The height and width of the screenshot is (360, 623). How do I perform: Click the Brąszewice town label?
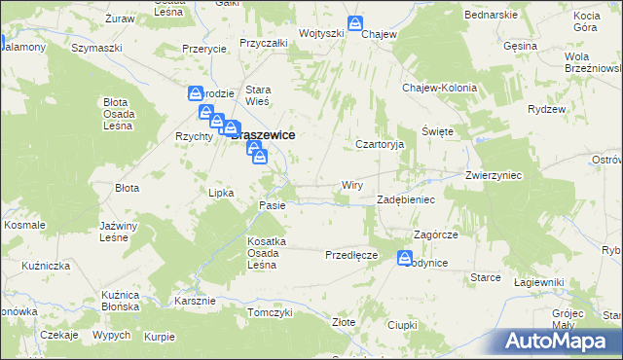(265, 137)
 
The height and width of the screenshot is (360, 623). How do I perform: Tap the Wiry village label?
(352, 184)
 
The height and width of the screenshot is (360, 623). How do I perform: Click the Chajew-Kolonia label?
(440, 88)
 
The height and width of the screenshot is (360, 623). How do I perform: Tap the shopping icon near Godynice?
(404, 258)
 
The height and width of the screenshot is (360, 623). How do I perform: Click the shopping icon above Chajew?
(355, 22)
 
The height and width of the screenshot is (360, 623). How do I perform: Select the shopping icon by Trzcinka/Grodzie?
(196, 93)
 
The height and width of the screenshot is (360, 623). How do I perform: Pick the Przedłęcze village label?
(350, 254)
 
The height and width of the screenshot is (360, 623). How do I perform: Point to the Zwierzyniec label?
(495, 176)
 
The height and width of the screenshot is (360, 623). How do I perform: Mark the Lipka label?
(223, 193)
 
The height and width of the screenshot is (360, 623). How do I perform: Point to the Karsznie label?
(195, 300)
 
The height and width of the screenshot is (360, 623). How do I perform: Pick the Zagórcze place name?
(435, 234)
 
